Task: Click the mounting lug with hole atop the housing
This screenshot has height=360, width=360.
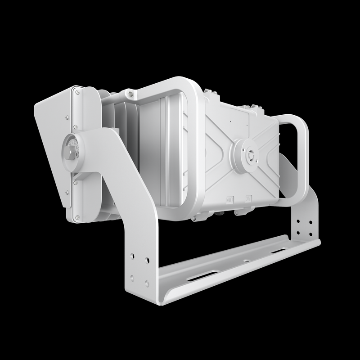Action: click(x=130, y=94)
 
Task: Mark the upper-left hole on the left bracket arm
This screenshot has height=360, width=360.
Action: click(x=132, y=256)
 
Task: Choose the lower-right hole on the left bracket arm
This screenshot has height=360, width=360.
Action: click(x=147, y=283)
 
